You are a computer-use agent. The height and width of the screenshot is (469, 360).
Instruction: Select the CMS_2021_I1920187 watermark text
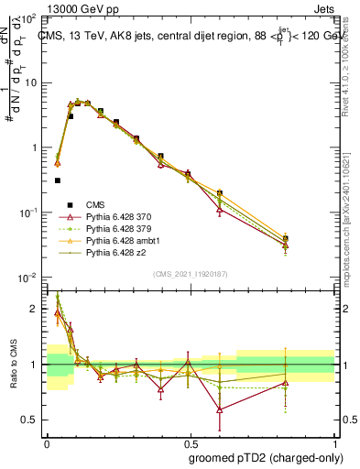190,273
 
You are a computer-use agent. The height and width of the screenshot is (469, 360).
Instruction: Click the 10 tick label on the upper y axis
31,82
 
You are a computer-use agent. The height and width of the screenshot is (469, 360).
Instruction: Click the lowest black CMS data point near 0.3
57,180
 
